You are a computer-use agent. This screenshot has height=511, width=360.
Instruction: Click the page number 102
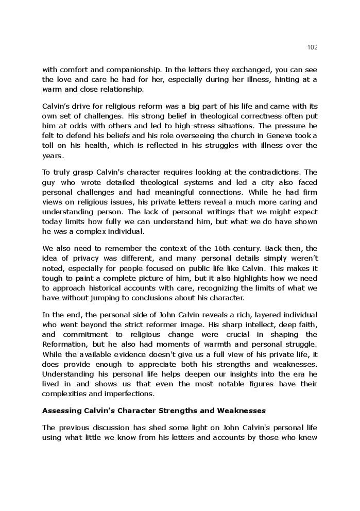click(x=312, y=47)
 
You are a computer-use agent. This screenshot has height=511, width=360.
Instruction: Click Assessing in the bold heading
click(x=61, y=411)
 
